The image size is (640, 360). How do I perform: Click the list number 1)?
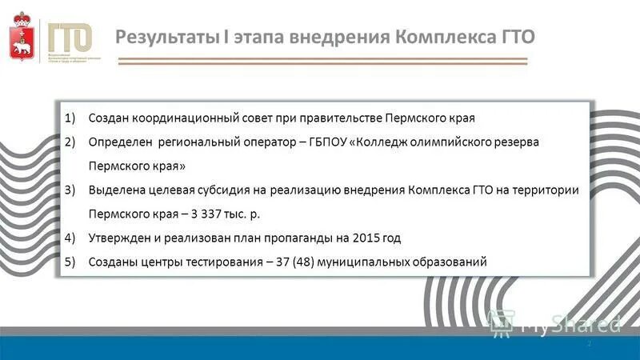point(70,118)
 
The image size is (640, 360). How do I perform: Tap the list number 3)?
point(70,190)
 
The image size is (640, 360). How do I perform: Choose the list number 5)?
point(70,262)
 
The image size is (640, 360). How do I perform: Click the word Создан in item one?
point(109,118)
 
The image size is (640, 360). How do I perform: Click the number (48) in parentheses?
point(301,262)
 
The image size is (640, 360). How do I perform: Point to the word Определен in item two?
point(118,142)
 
